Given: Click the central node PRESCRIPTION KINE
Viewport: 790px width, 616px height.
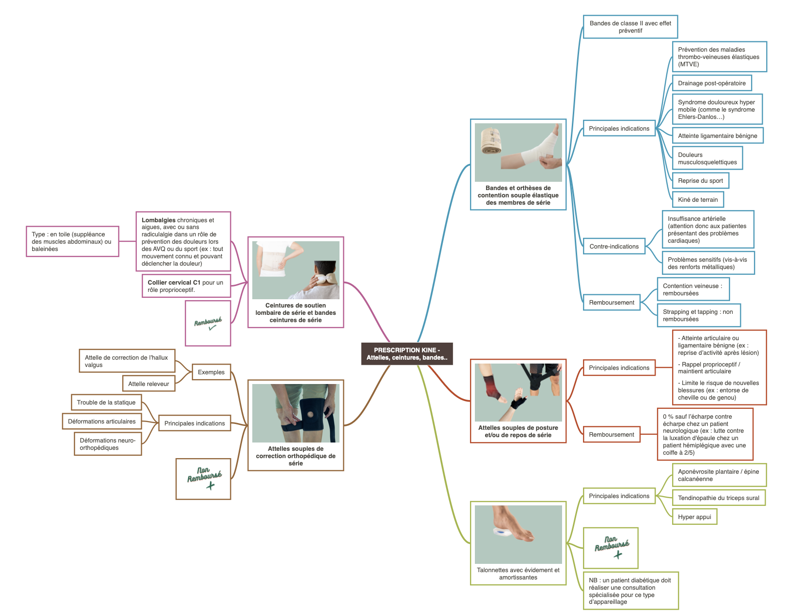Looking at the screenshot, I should pyautogui.click(x=407, y=354).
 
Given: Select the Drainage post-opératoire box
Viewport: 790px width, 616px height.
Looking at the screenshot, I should pyautogui.click(x=712, y=83).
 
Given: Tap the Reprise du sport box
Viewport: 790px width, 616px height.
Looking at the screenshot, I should pyautogui.click(x=700, y=180).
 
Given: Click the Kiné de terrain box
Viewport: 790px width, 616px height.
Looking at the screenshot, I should pyautogui.click(x=697, y=199).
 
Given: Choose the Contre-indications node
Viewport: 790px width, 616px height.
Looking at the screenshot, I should pyautogui.click(x=614, y=246).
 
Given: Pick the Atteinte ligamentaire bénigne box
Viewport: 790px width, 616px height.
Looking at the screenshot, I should pyautogui.click(x=717, y=135).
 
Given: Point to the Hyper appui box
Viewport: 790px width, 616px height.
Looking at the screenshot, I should pyautogui.click(x=694, y=517).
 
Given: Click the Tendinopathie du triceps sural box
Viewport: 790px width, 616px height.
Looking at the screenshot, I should pyautogui.click(x=718, y=498).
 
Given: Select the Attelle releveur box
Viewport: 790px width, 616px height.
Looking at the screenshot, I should pyautogui.click(x=149, y=384).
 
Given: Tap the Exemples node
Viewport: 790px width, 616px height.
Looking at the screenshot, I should pyautogui.click(x=211, y=372).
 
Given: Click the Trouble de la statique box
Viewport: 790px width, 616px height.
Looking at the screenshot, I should pyautogui.click(x=106, y=402).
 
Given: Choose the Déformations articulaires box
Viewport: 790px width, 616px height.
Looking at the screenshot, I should pyautogui.click(x=102, y=421).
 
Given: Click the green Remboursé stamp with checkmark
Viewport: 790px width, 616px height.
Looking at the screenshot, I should pyautogui.click(x=208, y=323).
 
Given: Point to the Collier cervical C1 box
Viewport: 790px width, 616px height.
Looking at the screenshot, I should pyautogui.click(x=186, y=286).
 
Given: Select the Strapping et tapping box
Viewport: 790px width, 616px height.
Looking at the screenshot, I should pyautogui.click(x=698, y=315).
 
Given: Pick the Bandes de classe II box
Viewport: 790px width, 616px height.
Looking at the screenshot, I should pyautogui.click(x=630, y=27).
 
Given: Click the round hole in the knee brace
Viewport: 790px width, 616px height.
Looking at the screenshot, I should pyautogui.click(x=310, y=414).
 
